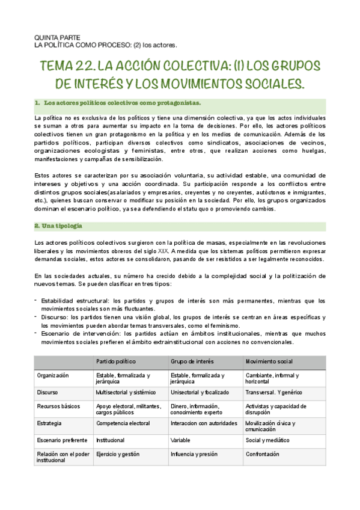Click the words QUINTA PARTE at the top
tap(55, 37)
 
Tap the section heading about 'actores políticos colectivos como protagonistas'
tap(118, 103)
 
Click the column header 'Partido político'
tap(115, 361)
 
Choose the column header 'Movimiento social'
tap(269, 361)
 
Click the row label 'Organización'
tap(53, 375)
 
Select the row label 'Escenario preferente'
tap(60, 440)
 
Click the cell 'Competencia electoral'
tap(123, 423)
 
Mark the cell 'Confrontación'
tap(263, 455)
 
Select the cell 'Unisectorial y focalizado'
tap(201, 392)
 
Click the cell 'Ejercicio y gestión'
tap(120, 455)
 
